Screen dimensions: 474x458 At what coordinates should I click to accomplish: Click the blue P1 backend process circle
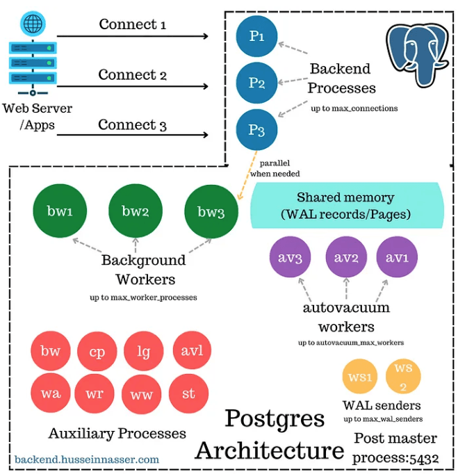pos(256,37)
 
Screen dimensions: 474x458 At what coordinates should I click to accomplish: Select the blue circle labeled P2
pos(256,83)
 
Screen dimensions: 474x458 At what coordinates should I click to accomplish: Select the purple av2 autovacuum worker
pos(346,258)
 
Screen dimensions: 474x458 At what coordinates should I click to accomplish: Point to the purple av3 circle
pos(291,258)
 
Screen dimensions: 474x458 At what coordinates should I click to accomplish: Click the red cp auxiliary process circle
pos(97,352)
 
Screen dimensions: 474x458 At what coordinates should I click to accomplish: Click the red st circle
pos(189,393)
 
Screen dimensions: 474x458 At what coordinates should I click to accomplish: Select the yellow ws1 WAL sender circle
pos(361,379)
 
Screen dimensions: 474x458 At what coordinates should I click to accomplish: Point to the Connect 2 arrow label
pos(132,74)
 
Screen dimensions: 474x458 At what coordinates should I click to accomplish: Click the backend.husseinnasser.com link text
pos(87,459)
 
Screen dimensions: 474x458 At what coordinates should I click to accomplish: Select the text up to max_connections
pos(354,108)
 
